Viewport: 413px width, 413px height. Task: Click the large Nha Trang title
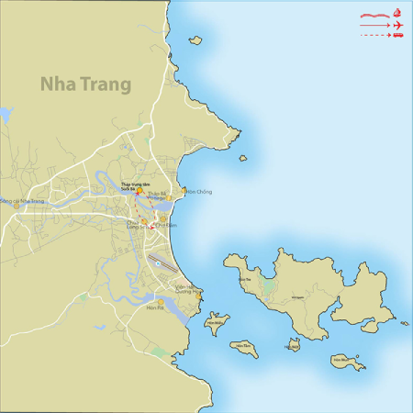pyautogui.click(x=85, y=84)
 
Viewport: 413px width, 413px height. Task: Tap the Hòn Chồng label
pyautogui.click(x=199, y=192)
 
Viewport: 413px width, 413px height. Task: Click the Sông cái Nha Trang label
pyautogui.click(x=22, y=201)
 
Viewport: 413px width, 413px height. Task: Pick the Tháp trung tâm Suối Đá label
pyautogui.click(x=135, y=185)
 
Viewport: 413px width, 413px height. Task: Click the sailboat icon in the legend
pyautogui.click(x=397, y=13)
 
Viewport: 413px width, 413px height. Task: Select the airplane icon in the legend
pyautogui.click(x=397, y=25)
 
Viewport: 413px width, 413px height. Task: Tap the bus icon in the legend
pyautogui.click(x=397, y=35)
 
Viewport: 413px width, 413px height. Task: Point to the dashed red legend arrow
pyautogui.click(x=374, y=35)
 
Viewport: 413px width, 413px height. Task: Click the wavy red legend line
pyautogui.click(x=374, y=15)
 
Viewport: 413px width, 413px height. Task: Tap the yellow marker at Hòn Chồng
pyautogui.click(x=184, y=192)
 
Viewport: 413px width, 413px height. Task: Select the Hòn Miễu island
pyautogui.click(x=216, y=323)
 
